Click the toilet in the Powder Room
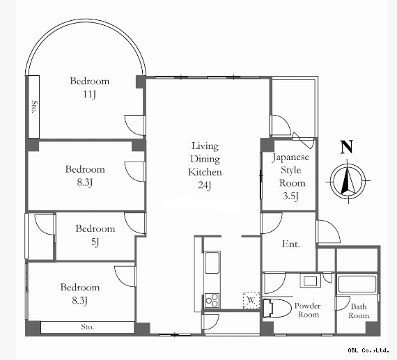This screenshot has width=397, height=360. click(276, 308)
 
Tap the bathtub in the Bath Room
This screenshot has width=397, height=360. click(357, 284)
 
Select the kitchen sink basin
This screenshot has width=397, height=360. click(212, 263)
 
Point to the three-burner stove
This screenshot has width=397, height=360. click(212, 301)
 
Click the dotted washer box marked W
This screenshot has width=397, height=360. click(251, 300)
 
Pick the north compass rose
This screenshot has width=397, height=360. click(348, 181)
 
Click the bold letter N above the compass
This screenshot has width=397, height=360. click(346, 147)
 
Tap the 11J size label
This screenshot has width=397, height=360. click(90, 95)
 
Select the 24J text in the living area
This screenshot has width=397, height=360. click(205, 185)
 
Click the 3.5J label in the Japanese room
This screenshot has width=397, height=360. click(291, 196)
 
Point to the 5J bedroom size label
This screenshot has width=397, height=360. click(95, 242)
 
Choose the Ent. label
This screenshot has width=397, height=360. click(291, 244)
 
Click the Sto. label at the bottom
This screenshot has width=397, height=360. click(88, 327)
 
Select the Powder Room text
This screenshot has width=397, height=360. click(308, 310)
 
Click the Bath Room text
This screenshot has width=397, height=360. click(359, 311)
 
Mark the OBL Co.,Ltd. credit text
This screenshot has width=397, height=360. click(368, 350)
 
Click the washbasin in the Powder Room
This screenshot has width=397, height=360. click(311, 281)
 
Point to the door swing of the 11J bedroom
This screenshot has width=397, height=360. click(135, 125)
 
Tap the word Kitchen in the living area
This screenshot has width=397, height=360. click(205, 172)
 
